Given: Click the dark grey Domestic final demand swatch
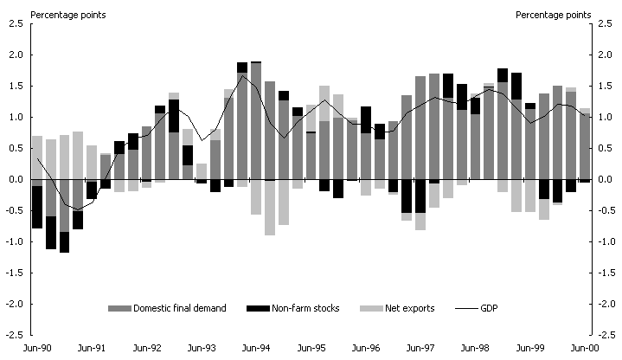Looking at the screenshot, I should (x=118, y=309).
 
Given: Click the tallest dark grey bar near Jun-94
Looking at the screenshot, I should (x=256, y=121).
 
